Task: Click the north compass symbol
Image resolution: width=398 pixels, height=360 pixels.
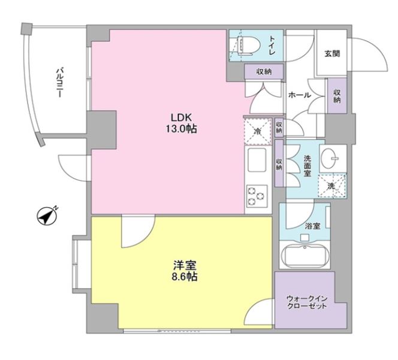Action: pos(47,217)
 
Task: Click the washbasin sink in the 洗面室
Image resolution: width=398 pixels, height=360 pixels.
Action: pos(330,158)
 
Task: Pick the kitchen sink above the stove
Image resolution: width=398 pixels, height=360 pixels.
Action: pos(257,160)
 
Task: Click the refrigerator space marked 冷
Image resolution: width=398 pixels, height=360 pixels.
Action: pos(257,131)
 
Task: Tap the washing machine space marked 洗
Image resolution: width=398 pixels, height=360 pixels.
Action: pos(332,186)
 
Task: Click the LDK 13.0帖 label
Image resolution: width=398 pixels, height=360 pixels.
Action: pos(181,123)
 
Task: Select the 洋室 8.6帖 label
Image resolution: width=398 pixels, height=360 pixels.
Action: pos(185,271)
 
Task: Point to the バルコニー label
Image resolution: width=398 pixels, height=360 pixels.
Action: pos(60,82)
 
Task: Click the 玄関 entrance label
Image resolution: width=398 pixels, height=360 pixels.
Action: pos(332,53)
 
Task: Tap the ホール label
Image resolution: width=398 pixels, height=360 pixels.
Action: pos(300,95)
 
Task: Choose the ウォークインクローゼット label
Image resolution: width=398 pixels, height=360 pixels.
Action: pos(307,302)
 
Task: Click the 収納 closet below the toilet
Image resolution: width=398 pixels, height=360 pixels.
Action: pos(264,71)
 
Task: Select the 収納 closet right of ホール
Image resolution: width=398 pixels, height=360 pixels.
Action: pos(337,96)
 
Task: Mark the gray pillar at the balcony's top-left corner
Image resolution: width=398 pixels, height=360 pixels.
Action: pos(26,29)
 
